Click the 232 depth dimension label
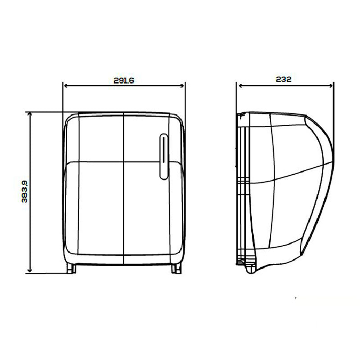tap(283, 79)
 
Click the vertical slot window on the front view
tap(164, 157)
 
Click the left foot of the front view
tap(71, 268)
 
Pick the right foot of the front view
tap(176, 268)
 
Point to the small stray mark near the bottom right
tap(295, 298)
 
